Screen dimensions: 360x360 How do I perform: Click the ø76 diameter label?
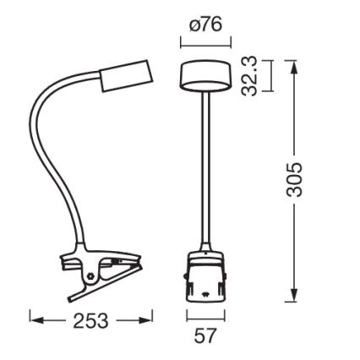pyautogui.click(x=205, y=24)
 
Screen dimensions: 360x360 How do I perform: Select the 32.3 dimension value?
pyautogui.click(x=248, y=76)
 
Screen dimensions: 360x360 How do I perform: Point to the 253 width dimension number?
pyautogui.click(x=92, y=320)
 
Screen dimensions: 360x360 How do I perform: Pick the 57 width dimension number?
pyautogui.click(x=205, y=335)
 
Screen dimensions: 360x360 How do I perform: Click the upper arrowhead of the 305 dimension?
pyautogui.click(x=293, y=67)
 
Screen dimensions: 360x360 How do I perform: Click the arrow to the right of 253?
pyautogui.click(x=135, y=320)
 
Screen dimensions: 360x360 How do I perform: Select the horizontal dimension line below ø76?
pyautogui.click(x=205, y=43)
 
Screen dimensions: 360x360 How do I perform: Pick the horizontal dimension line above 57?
pyautogui.click(x=205, y=316)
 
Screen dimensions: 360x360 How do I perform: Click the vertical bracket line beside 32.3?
pyautogui.click(x=270, y=76)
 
